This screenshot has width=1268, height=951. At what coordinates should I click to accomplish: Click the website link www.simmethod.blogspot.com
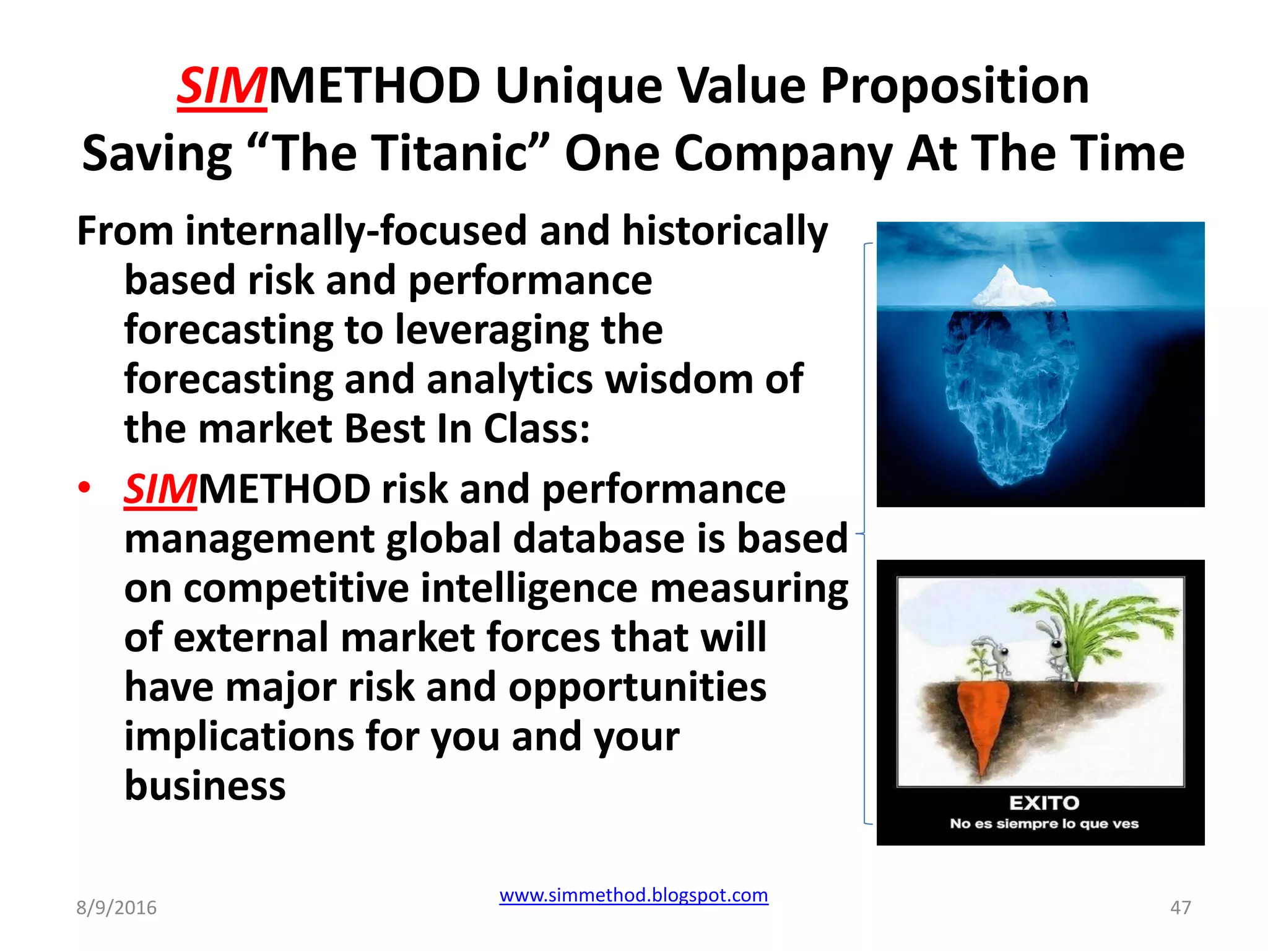(633, 895)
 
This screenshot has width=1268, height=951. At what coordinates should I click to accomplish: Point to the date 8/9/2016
(116, 908)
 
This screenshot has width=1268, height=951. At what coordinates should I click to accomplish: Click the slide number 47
(1180, 908)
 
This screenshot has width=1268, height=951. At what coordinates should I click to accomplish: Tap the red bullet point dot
(84, 487)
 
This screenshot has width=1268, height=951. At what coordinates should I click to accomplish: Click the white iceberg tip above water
(1010, 288)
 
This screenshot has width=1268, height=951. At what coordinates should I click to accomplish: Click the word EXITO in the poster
(1044, 803)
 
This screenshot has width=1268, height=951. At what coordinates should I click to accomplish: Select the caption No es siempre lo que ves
(1044, 823)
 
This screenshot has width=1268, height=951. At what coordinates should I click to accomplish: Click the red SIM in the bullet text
(160, 490)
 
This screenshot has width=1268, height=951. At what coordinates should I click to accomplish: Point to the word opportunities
(637, 687)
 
